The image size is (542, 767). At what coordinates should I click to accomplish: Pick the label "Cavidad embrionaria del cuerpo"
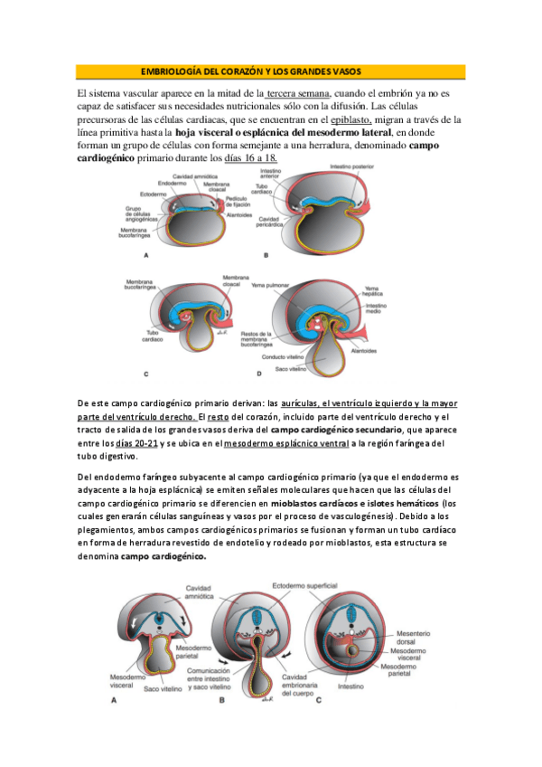(x=305, y=684)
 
